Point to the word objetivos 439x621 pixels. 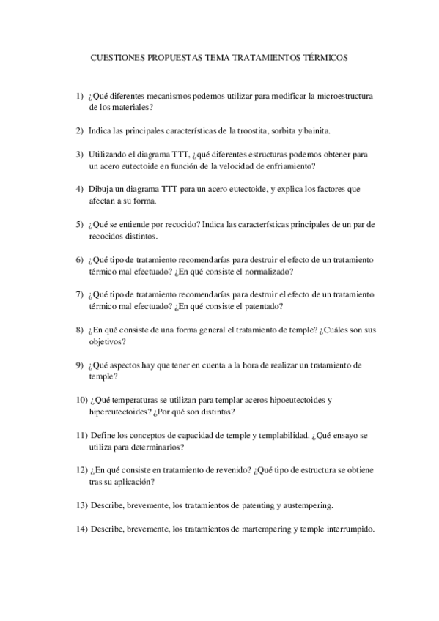[107, 341]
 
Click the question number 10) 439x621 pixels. [81, 400]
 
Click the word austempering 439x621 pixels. [306, 505]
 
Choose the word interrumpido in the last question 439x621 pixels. [347, 529]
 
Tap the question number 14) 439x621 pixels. [81, 529]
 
